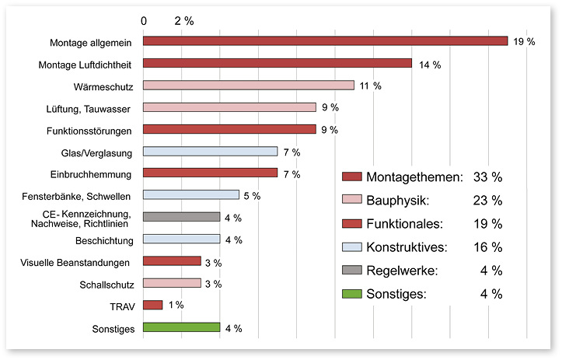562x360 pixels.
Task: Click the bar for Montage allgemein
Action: point(325,41)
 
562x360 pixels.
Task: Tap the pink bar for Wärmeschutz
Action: point(249,86)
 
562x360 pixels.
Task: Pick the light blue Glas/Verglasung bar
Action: point(210,151)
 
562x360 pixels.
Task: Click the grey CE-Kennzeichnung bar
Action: point(181,217)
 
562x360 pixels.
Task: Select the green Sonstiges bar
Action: point(181,327)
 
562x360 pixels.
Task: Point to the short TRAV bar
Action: point(152,305)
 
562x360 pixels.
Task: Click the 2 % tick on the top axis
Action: point(184,20)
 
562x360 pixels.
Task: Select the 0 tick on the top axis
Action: point(144,20)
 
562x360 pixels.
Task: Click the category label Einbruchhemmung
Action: point(96,173)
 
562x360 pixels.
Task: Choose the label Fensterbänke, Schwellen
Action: point(86,195)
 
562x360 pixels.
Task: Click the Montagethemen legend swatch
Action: point(351,177)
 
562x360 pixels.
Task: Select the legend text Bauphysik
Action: point(396,201)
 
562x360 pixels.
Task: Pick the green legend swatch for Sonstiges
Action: point(351,294)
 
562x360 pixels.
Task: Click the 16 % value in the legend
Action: point(487,247)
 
